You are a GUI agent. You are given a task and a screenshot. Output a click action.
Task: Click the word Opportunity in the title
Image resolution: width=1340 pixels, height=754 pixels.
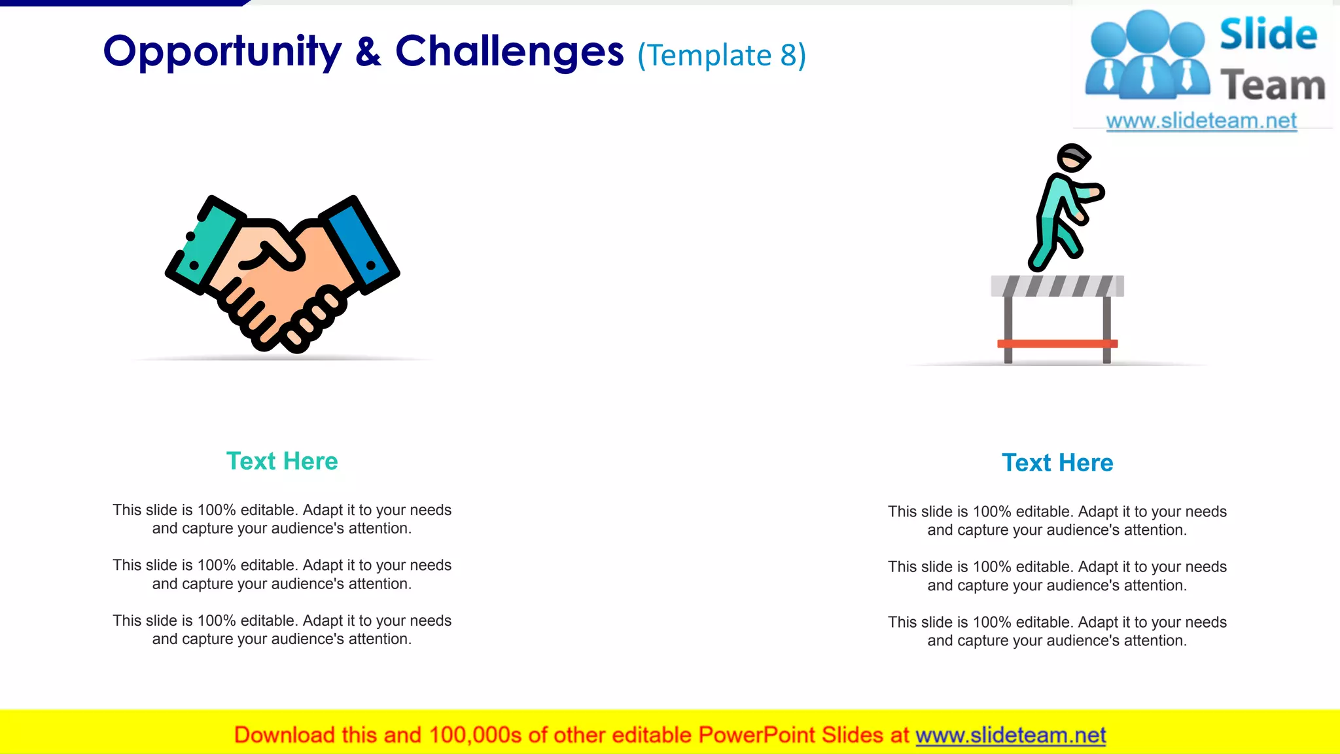coord(222,52)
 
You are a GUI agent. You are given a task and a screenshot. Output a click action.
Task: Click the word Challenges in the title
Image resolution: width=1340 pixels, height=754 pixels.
coord(509,52)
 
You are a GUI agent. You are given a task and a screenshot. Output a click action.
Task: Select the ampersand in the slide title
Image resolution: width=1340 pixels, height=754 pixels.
coord(368,52)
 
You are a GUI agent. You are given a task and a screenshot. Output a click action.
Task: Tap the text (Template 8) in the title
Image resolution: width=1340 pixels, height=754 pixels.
coord(722,56)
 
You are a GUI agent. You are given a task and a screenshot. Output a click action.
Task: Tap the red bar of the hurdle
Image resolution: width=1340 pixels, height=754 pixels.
coord(1057,344)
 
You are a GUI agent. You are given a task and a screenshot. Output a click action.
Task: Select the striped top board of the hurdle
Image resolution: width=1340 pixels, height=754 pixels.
coord(1057,286)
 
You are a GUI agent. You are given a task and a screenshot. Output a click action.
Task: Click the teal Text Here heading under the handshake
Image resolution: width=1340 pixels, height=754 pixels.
coord(282,461)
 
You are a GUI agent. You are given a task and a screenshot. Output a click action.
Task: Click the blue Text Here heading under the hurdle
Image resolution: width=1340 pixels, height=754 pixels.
coord(1057,463)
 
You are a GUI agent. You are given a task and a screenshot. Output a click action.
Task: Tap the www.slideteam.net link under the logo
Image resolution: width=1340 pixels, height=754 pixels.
coord(1201,121)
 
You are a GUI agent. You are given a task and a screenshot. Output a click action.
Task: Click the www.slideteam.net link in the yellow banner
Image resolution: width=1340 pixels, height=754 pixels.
coord(1010,735)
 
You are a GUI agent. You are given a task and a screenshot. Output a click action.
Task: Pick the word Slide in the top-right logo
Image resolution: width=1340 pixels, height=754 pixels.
coord(1268,34)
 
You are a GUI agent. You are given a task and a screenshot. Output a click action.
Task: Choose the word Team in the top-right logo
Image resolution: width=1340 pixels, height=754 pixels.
coord(1273,86)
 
